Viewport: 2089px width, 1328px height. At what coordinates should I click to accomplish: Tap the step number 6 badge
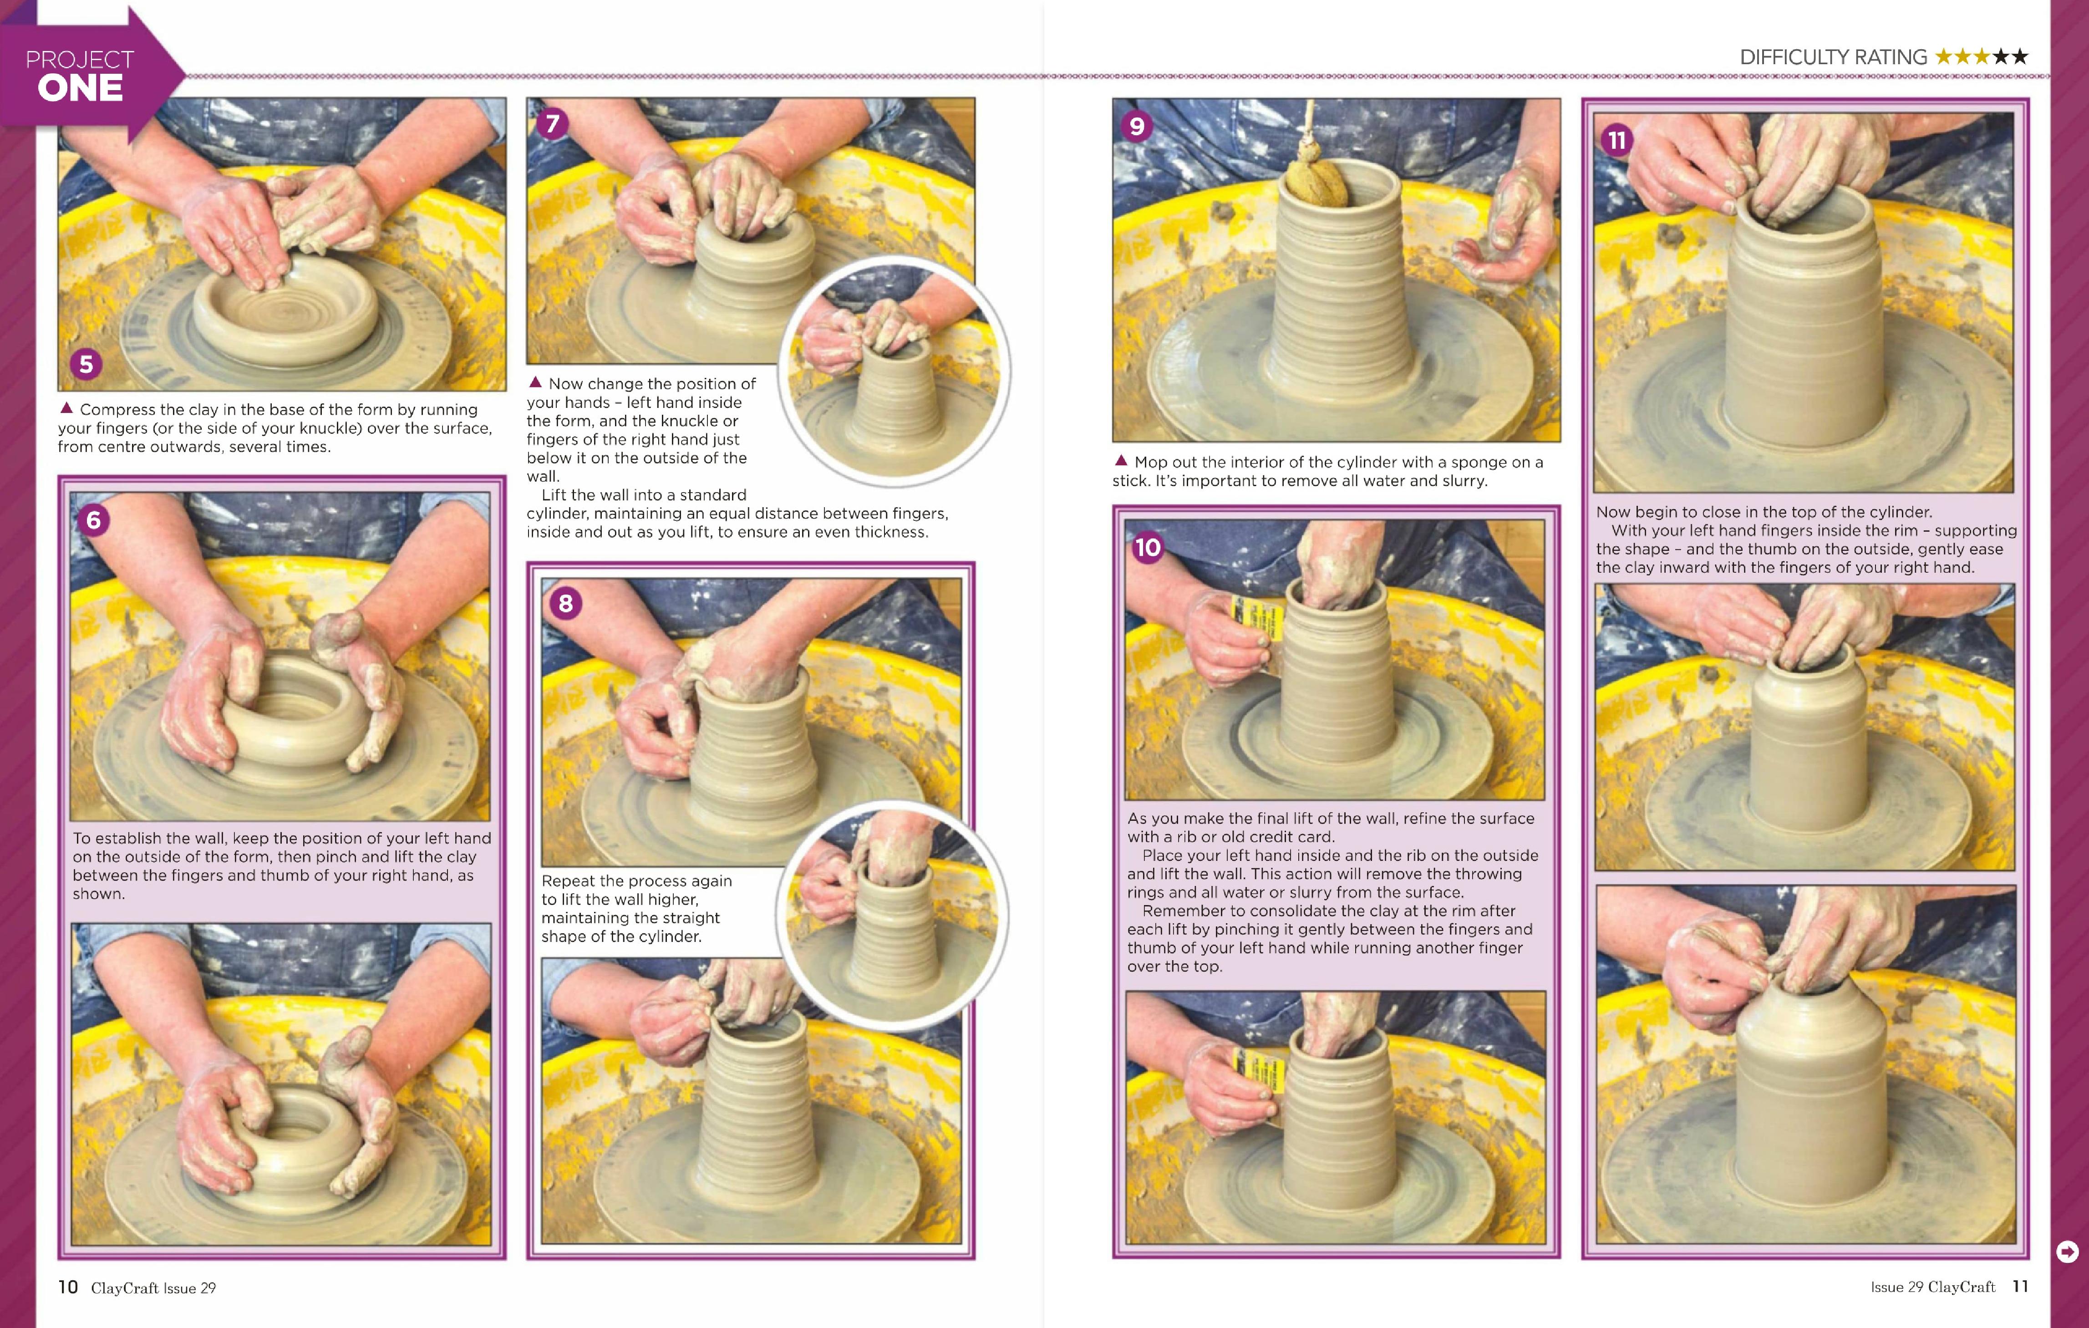point(94,520)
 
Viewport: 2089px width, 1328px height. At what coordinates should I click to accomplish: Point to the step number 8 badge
point(566,603)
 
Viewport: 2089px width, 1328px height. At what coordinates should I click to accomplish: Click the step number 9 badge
point(1137,127)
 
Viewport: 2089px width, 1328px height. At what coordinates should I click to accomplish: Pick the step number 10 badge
point(1148,547)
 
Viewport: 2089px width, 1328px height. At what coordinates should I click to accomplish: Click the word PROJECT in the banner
point(80,60)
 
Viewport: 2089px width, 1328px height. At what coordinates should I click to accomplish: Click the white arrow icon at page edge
point(2067,1251)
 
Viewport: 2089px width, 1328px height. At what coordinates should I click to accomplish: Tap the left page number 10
point(68,1287)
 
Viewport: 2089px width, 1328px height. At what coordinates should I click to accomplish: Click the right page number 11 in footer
point(2020,1287)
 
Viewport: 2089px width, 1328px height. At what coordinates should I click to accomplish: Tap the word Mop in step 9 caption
point(1151,463)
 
